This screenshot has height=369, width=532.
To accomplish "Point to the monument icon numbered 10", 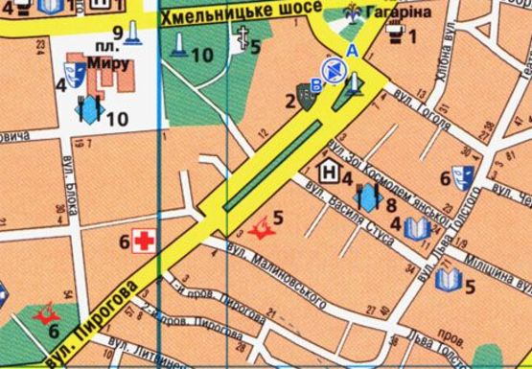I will [177, 44].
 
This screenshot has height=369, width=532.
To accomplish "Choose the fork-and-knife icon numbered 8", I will [367, 198].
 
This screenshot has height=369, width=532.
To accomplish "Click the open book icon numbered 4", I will [415, 229].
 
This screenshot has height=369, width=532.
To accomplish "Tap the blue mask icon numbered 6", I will [466, 177].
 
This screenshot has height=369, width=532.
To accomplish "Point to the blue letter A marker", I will [352, 50].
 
